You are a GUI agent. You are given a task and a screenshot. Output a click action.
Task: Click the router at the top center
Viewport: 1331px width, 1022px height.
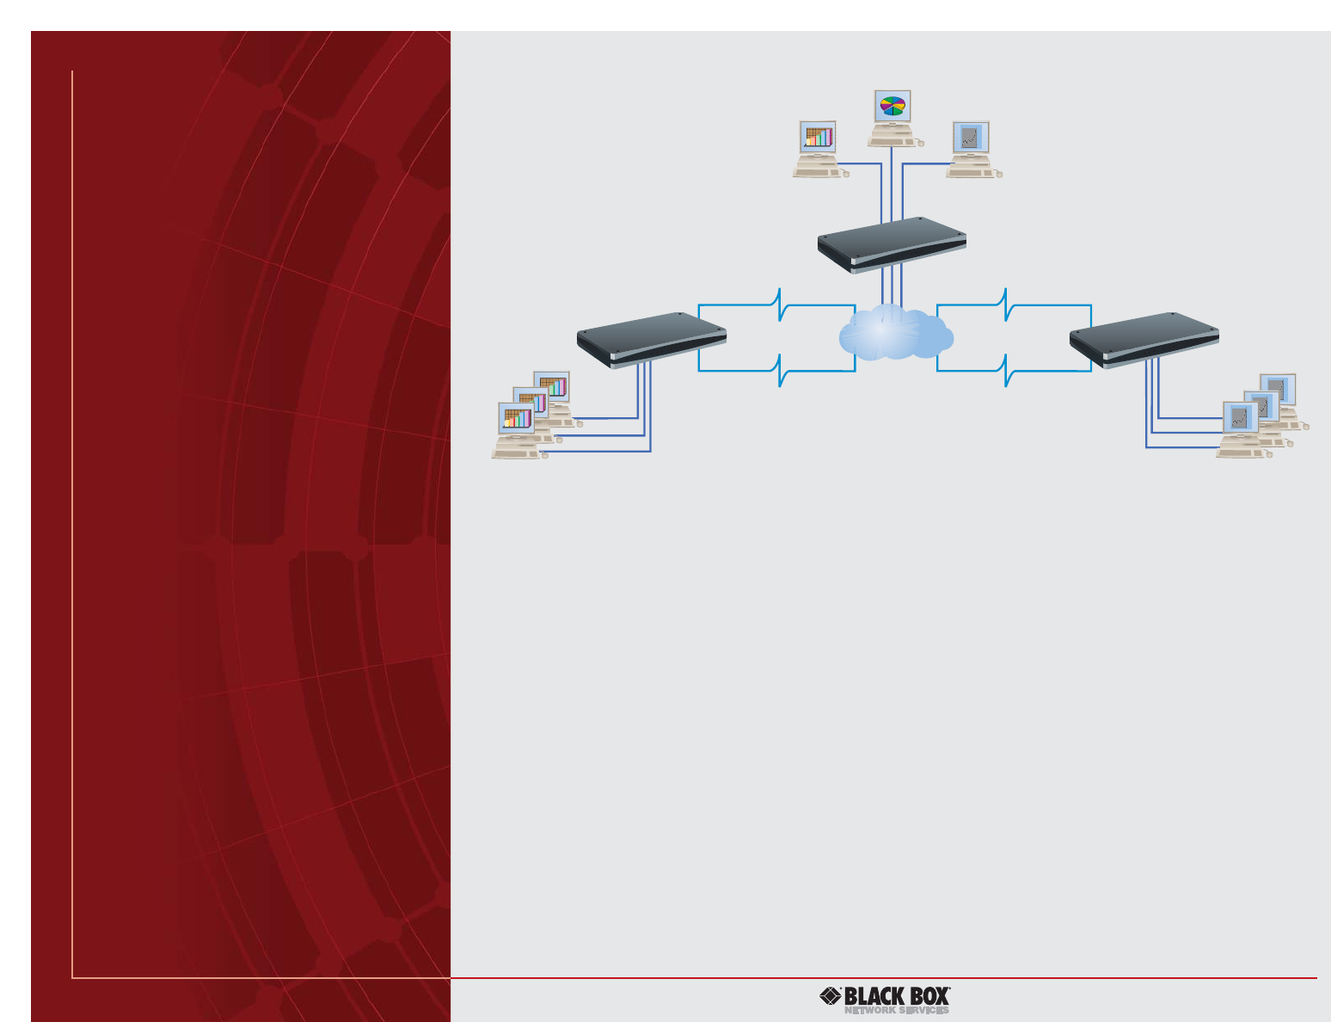tap(892, 244)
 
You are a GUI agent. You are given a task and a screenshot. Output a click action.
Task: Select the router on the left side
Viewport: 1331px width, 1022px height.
tap(651, 340)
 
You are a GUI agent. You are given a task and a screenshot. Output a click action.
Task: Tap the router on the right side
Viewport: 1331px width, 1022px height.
tap(1144, 340)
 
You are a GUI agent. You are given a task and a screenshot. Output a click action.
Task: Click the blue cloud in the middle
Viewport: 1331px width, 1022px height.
tap(895, 334)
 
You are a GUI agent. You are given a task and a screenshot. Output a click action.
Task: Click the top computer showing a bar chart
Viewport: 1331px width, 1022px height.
tap(819, 149)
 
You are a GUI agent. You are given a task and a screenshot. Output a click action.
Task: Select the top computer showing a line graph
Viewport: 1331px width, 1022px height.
tap(972, 149)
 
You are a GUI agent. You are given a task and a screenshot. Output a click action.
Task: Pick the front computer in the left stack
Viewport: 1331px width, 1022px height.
tap(517, 430)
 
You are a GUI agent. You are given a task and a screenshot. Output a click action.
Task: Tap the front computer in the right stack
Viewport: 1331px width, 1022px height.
tap(1241, 428)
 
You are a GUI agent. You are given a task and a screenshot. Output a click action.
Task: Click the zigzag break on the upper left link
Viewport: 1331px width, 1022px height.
tap(779, 305)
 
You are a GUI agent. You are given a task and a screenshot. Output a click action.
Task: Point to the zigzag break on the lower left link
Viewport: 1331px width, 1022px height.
tap(779, 370)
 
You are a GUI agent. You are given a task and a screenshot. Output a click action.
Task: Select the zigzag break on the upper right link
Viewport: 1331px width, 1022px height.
tap(1005, 305)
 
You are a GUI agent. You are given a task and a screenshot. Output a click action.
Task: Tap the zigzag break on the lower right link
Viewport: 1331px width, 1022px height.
tap(1005, 370)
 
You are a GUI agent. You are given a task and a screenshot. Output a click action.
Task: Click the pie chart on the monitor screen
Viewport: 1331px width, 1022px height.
tap(893, 106)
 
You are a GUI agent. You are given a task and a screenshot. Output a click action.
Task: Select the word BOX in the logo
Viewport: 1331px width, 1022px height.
tap(929, 997)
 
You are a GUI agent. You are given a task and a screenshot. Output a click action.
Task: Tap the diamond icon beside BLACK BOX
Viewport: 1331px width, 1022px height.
tap(831, 996)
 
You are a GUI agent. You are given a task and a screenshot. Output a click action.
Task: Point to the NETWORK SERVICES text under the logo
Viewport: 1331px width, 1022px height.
tap(896, 1011)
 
